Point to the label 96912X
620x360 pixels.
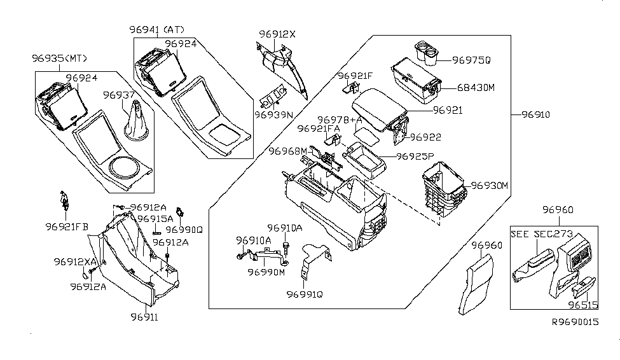(277, 34)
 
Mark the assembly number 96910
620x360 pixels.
(535, 115)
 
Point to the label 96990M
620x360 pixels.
(266, 272)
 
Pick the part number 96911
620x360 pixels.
(144, 316)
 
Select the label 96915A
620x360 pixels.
(155, 218)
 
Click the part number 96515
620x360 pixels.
(582, 305)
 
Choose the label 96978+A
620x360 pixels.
(339, 120)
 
